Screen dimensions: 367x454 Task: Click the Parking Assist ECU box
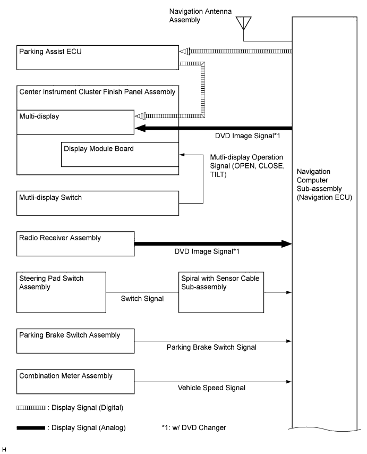pyautogui.click(x=98, y=57)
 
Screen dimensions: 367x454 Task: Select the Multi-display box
pyautogui.click(x=75, y=122)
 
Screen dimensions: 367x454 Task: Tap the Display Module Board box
pyautogui.click(x=120, y=154)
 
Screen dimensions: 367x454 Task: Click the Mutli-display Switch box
pyautogui.click(x=98, y=203)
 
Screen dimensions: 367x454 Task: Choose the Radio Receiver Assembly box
pyautogui.click(x=75, y=244)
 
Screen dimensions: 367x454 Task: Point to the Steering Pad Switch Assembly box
pyautogui.click(x=61, y=292)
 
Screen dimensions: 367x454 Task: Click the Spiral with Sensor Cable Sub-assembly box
pyautogui.click(x=221, y=292)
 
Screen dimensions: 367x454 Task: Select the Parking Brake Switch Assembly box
pyautogui.click(x=75, y=341)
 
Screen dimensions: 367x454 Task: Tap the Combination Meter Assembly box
pyautogui.click(x=75, y=382)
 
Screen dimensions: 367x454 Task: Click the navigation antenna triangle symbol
pyautogui.click(x=243, y=23)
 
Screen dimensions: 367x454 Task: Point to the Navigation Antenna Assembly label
pyautogui.click(x=200, y=15)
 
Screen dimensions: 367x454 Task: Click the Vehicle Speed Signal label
pyautogui.click(x=211, y=388)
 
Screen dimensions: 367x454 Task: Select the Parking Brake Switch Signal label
pyautogui.click(x=211, y=347)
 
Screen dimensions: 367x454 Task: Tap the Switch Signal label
pyautogui.click(x=142, y=299)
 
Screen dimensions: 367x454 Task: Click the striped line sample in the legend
pyautogui.click(x=31, y=408)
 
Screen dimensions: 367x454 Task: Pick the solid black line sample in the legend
pyautogui.click(x=31, y=427)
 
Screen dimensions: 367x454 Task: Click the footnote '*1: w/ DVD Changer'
pyautogui.click(x=194, y=427)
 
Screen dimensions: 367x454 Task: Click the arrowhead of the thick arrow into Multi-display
pyautogui.click(x=140, y=128)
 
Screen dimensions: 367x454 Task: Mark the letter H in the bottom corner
pyautogui.click(x=4, y=449)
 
